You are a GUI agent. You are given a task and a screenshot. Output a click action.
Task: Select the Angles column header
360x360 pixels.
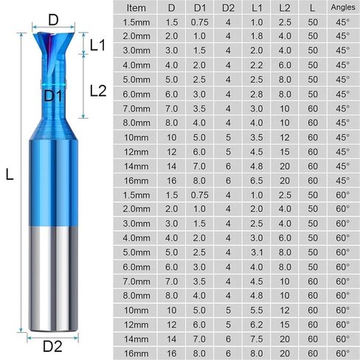coord(342,8)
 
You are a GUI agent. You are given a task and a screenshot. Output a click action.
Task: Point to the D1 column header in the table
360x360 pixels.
coord(200,8)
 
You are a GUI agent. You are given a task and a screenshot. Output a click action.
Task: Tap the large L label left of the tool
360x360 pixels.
coord(10,174)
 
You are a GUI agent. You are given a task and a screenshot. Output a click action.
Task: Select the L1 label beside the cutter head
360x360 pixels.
coord(97,46)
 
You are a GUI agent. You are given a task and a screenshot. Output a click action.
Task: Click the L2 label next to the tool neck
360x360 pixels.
coord(99,90)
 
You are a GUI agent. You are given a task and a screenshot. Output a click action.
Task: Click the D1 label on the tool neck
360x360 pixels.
coord(52,95)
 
